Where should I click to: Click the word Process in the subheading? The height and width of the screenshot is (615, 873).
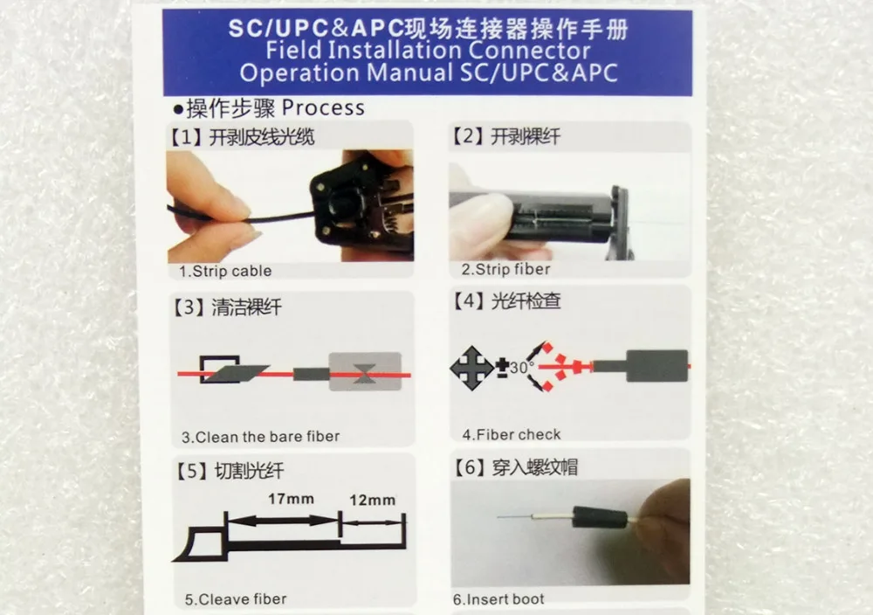[323, 107]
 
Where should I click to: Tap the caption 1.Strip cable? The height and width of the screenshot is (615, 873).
[225, 272]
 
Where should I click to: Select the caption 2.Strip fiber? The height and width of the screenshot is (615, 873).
[505, 270]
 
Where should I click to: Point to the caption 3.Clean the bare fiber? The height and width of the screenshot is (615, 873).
[260, 437]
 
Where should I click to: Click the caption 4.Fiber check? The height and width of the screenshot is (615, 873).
[511, 434]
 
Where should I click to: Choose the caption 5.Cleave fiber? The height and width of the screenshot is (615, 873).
[236, 599]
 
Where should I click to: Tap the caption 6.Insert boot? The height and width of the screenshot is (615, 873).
[498, 599]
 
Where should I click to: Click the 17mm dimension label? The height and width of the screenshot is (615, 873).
[291, 499]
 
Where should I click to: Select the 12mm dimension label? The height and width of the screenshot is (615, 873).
[373, 501]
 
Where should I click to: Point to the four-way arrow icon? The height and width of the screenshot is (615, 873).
[471, 368]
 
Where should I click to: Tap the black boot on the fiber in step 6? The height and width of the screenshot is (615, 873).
[600, 517]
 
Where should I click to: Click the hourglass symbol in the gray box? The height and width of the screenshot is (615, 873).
[364, 373]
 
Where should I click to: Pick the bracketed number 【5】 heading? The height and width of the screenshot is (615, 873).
[193, 471]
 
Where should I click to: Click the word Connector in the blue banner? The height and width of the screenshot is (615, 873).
[529, 51]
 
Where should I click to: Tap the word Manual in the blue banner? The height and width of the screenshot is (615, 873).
[409, 73]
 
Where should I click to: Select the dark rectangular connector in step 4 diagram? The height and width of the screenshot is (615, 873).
[657, 366]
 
